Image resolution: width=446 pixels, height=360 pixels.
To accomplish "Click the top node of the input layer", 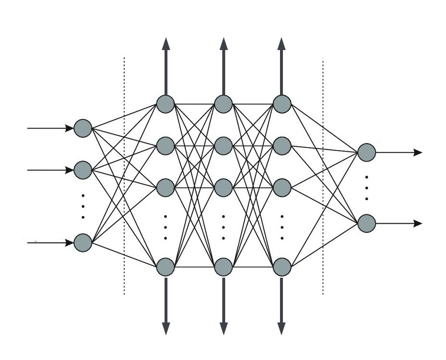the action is [83, 129].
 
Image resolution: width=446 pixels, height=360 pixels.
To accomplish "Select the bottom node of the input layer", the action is [83, 243].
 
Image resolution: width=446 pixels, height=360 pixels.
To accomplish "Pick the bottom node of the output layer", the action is [367, 223].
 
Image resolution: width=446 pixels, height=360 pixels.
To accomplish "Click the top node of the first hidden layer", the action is [166, 104].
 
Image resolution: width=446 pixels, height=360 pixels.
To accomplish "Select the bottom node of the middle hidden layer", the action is [224, 267].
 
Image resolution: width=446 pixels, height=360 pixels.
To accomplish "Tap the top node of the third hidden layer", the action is [282, 104].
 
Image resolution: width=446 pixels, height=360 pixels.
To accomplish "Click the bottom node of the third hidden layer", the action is [282, 267].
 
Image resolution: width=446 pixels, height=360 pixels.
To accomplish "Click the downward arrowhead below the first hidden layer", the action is [166, 328].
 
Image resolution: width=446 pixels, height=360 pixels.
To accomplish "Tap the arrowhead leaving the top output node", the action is [418, 153].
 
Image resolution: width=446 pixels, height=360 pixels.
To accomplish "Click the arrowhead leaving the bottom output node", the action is [418, 223].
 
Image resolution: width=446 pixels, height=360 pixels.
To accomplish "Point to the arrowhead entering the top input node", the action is [69, 129].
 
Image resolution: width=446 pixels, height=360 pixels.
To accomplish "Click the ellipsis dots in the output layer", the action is [367, 188].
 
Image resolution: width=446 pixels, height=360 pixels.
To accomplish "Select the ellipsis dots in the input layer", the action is [83, 206].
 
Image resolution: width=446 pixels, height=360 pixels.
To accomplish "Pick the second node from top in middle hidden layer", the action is [224, 145].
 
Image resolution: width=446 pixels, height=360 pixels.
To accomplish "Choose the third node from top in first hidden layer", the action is [166, 187].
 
